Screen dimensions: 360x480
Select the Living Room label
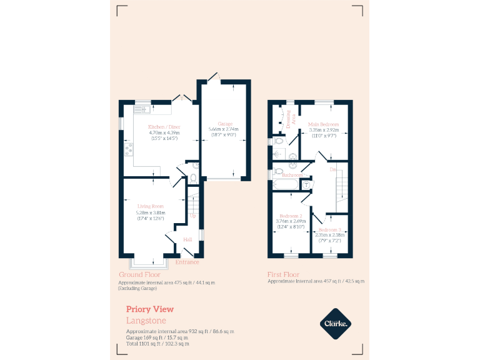[151, 206]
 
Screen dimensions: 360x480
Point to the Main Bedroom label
[324, 124]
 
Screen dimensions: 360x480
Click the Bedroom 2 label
[291, 216]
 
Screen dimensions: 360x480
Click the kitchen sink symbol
[141, 110]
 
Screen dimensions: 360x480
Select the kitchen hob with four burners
[129, 148]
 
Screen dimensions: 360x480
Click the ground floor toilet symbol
[192, 179]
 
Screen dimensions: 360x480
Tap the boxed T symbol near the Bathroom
[307, 184]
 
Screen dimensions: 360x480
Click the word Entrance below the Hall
[187, 262]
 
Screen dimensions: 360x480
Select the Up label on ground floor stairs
[192, 216]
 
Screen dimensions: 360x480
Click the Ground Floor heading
[139, 274]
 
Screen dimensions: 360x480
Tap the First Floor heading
[283, 274]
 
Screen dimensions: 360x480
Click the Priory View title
[150, 309]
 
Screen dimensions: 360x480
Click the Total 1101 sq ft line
[157, 344]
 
